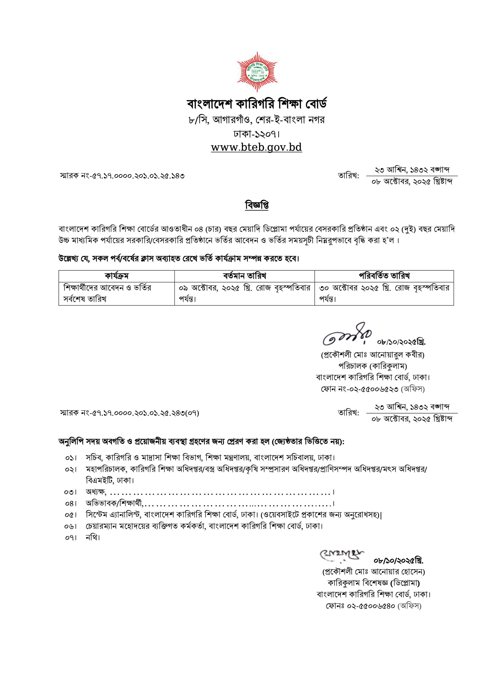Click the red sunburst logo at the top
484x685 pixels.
(x=257, y=72)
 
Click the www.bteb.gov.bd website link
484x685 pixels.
(x=256, y=147)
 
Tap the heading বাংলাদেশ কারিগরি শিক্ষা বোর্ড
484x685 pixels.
(x=257, y=104)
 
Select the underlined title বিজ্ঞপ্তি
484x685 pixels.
(x=257, y=205)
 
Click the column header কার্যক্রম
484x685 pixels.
(x=117, y=276)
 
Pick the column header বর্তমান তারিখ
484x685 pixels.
(x=244, y=276)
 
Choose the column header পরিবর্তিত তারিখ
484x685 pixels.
(x=384, y=276)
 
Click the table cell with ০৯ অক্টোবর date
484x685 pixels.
(x=244, y=293)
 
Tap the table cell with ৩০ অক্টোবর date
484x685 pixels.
(x=384, y=293)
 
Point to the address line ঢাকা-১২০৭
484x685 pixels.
(x=257, y=134)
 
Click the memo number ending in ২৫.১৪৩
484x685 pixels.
(x=122, y=176)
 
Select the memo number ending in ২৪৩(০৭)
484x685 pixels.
(x=129, y=413)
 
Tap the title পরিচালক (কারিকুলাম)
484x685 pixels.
(x=372, y=366)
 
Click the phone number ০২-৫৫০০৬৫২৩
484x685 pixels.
(x=373, y=389)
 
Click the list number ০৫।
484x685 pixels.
(x=71, y=515)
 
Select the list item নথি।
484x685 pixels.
(x=93, y=538)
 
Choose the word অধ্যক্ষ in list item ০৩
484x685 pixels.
(x=96, y=492)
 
